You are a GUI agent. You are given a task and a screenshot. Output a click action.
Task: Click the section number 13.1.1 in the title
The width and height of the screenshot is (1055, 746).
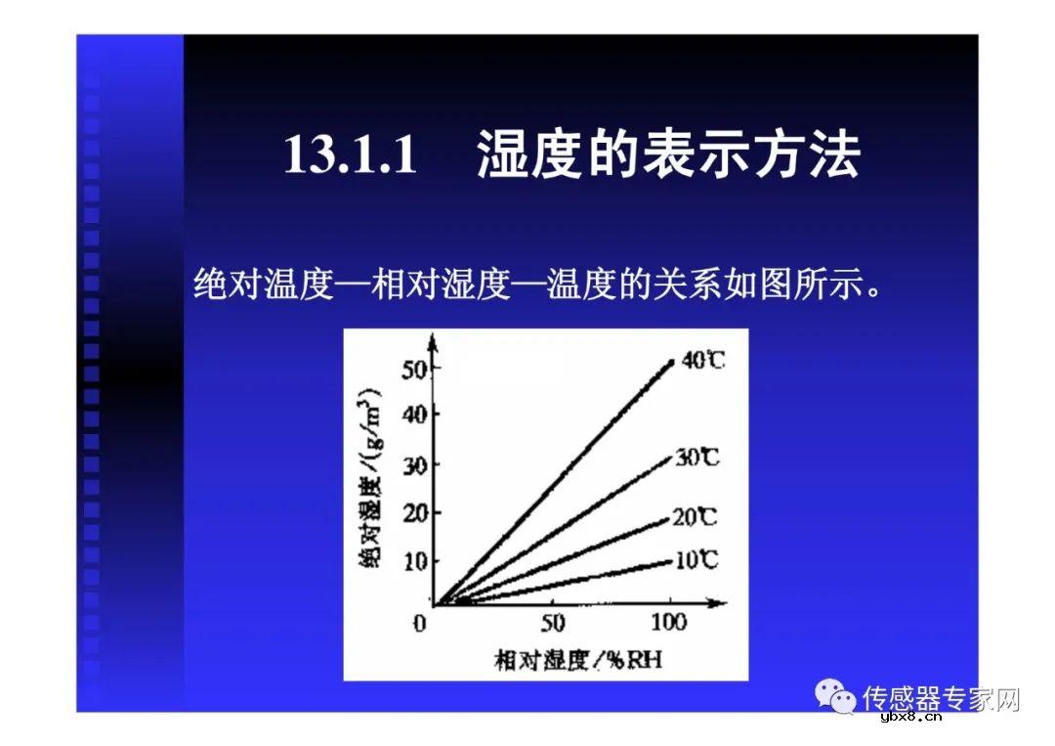pos(350,154)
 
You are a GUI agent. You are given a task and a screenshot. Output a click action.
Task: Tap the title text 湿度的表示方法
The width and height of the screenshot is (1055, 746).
pos(668,154)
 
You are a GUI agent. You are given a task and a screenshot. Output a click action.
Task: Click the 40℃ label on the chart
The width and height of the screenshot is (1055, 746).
pos(702,360)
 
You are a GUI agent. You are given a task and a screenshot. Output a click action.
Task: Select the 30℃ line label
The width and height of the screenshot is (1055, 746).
pos(696,456)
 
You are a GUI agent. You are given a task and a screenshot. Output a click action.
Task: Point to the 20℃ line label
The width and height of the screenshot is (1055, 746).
pos(695,516)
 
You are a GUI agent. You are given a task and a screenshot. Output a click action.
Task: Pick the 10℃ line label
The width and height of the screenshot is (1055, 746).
pos(696,559)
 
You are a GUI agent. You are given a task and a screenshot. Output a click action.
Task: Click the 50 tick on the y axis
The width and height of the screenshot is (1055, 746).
pos(415,370)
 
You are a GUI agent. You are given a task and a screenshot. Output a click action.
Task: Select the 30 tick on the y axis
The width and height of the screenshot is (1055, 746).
pos(415,465)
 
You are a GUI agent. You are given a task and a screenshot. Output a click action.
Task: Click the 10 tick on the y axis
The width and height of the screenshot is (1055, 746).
pos(415,561)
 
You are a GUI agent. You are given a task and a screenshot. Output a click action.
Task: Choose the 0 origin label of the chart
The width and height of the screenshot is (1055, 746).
pos(420,624)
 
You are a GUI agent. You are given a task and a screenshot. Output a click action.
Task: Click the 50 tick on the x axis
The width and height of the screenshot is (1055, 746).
pos(553,623)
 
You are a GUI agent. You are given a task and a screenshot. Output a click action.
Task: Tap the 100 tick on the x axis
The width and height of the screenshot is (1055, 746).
pos(669,623)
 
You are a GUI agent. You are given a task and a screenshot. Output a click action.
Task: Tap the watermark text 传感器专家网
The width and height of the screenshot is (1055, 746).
pos(941,698)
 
